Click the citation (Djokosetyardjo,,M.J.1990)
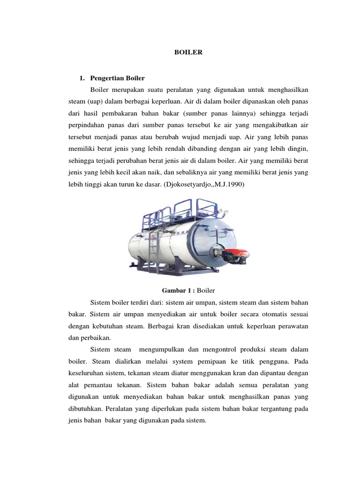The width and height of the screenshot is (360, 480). tap(202, 185)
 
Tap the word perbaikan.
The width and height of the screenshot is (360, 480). tap(96, 337)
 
